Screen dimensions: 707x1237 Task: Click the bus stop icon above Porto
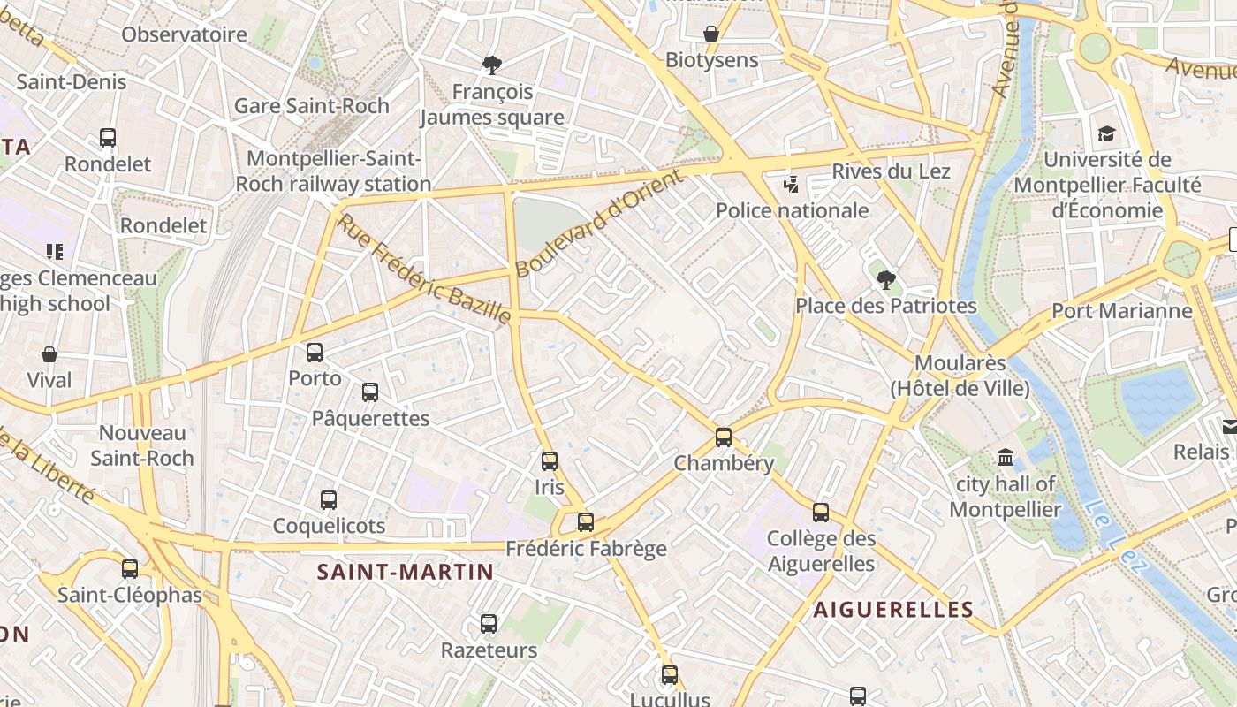coord(315,353)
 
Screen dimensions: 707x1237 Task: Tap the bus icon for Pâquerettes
coord(370,392)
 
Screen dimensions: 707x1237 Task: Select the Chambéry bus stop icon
coord(724,437)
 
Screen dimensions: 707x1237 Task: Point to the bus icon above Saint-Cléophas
coord(130,569)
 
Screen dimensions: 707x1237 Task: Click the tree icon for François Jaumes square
coord(492,65)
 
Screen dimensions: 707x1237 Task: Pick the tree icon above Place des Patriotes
coord(885,280)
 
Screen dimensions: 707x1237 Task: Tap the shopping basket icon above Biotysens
coord(711,34)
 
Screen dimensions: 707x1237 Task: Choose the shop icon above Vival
coord(49,354)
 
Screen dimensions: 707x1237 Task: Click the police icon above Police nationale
coord(792,185)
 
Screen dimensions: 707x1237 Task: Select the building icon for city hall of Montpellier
coord(1006,458)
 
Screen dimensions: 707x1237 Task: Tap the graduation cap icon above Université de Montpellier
coord(1106,134)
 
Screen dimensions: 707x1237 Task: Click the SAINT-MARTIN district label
coord(406,572)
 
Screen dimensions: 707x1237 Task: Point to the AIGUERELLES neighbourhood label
coord(893,609)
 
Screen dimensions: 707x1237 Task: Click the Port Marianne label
coord(1121,311)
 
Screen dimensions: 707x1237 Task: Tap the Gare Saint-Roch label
coord(311,106)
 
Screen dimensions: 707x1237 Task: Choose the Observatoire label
coord(184,34)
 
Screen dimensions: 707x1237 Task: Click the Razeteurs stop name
coord(489,650)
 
